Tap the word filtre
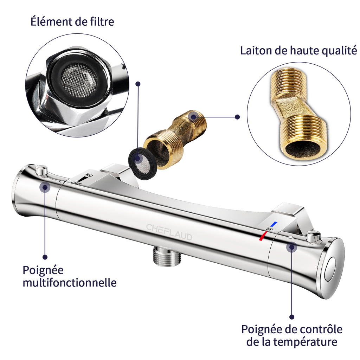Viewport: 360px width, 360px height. (x=102, y=21)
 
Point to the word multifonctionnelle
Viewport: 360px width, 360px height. (x=70, y=282)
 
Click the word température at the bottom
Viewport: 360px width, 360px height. (x=305, y=342)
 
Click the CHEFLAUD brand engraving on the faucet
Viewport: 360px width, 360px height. (x=169, y=232)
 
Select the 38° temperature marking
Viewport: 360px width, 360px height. (x=270, y=229)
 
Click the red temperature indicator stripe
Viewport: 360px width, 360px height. (x=263, y=236)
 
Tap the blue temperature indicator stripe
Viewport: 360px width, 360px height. (x=274, y=224)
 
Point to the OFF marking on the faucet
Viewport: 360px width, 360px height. (x=76, y=183)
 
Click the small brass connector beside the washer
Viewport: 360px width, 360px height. (x=175, y=139)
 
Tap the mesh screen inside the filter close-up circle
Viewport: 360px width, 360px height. (x=79, y=80)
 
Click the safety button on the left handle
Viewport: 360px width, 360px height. (x=41, y=171)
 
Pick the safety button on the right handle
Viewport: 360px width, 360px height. (x=313, y=237)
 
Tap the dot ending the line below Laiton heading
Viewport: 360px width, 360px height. (x=238, y=117)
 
